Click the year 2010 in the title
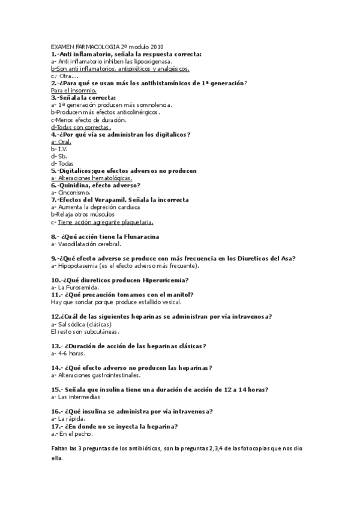point(156,46)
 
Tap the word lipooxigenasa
point(154,61)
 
